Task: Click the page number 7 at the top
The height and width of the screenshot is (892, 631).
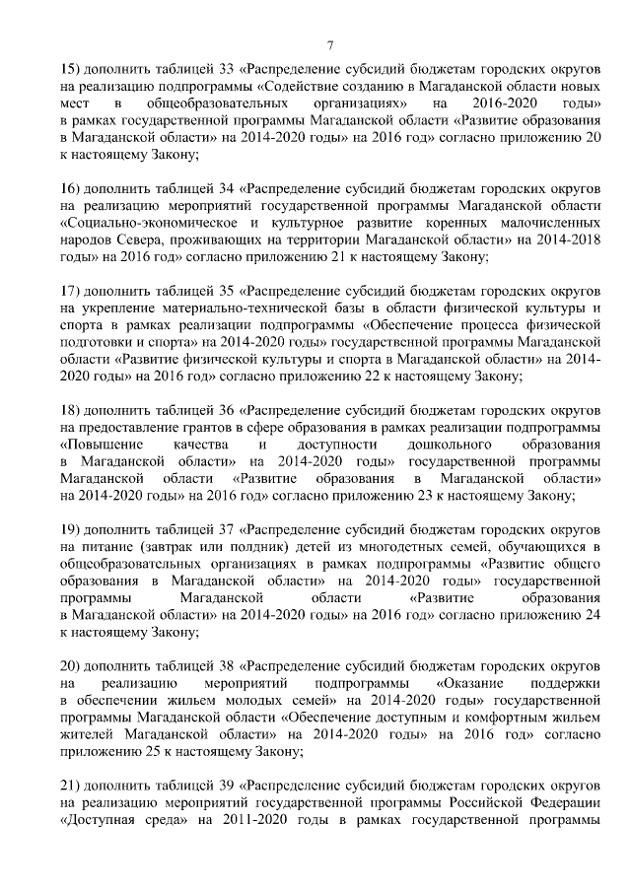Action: (x=330, y=44)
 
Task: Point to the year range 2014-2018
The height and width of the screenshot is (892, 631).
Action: (x=568, y=240)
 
